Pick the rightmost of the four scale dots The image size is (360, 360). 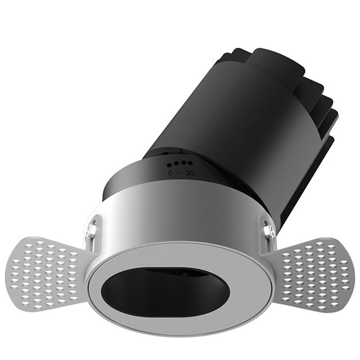[184, 164]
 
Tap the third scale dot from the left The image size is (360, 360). [180, 164]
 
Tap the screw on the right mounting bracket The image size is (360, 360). [268, 229]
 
